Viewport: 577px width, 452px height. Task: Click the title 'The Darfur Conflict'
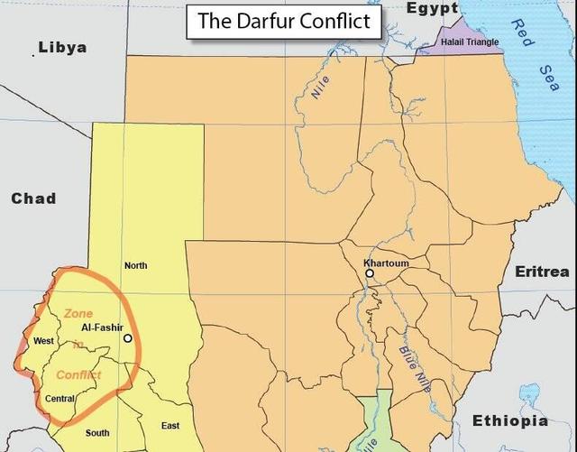coord(283,22)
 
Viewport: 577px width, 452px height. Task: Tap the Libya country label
coord(62,47)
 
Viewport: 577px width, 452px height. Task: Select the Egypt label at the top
coord(432,8)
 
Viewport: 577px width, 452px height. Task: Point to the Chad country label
coord(33,198)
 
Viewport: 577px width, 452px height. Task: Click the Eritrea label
coord(542,272)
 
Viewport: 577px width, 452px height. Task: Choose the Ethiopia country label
coord(510,421)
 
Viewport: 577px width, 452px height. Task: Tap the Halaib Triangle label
coord(470,42)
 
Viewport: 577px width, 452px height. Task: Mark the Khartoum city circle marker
coord(370,272)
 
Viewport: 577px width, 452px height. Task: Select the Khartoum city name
coord(386,263)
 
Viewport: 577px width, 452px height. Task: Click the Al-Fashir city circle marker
coord(128,338)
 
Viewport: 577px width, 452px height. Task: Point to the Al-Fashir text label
coord(102,327)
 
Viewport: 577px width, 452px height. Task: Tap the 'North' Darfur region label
coord(135,265)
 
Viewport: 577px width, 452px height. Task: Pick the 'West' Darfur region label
coord(43,341)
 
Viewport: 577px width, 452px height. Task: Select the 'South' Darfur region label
coord(97,433)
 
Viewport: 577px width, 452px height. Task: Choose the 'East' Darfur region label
coord(170,426)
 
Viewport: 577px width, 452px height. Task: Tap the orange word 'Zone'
coord(78,313)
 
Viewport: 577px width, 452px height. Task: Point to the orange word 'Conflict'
coord(78,374)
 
